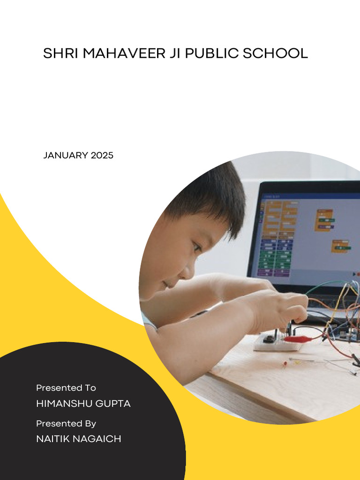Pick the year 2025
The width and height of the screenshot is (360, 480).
click(x=102, y=155)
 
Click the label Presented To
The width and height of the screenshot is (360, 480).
click(x=66, y=388)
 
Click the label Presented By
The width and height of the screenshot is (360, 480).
click(x=66, y=423)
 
